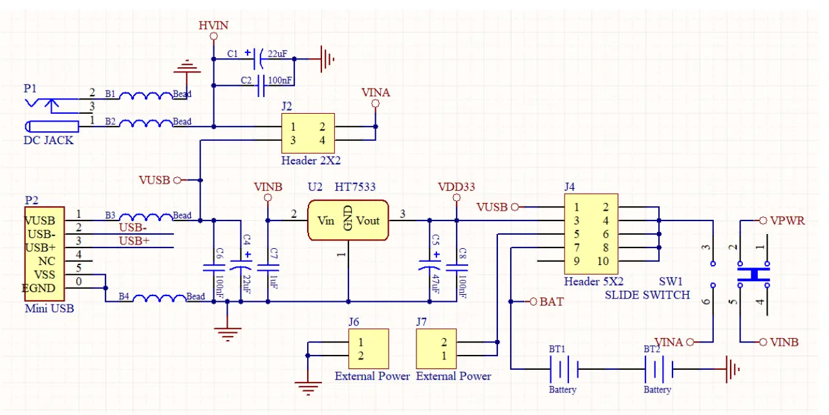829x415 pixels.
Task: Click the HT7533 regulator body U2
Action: (x=348, y=220)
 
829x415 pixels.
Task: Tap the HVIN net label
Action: (x=213, y=25)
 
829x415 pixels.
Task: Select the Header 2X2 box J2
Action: (x=308, y=133)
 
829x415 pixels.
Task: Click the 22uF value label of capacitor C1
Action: (x=277, y=54)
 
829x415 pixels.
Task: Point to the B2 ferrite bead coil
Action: (x=145, y=122)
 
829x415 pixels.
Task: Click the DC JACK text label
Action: (x=48, y=140)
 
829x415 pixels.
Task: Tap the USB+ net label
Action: (x=134, y=240)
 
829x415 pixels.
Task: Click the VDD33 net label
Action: (x=456, y=187)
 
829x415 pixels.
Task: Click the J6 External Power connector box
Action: (x=369, y=348)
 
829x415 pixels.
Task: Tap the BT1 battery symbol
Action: (x=563, y=369)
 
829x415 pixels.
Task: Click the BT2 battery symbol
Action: (x=658, y=369)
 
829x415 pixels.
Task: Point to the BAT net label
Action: (x=552, y=302)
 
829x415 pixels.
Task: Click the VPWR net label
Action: (x=788, y=220)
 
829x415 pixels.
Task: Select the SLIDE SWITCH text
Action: (x=647, y=295)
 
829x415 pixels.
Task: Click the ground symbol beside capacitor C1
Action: (x=327, y=59)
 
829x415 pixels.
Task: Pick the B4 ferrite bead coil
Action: (x=159, y=298)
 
